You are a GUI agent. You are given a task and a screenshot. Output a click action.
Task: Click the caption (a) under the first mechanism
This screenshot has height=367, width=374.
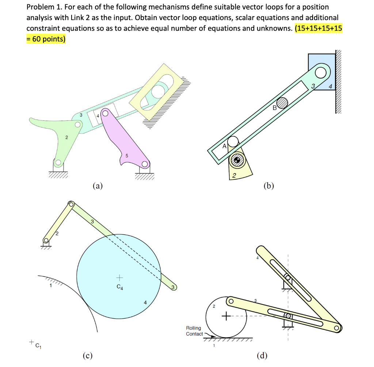tap(97, 186)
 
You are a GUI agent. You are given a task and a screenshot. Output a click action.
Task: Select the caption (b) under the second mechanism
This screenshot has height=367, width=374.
tap(268, 186)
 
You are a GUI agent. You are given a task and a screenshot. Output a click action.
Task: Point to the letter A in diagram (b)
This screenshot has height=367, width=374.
tap(225, 145)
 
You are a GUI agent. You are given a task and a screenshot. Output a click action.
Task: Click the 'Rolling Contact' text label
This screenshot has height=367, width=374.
tap(194, 331)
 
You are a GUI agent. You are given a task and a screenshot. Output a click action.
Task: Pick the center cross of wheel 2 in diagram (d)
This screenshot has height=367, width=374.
tap(225, 315)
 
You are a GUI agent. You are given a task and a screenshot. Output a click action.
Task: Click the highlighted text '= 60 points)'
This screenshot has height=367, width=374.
tap(46, 39)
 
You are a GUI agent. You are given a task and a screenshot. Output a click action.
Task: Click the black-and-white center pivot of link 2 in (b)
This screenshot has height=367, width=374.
tap(237, 160)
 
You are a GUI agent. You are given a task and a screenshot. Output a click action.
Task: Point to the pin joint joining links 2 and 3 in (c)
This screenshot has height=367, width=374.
tap(71, 204)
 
